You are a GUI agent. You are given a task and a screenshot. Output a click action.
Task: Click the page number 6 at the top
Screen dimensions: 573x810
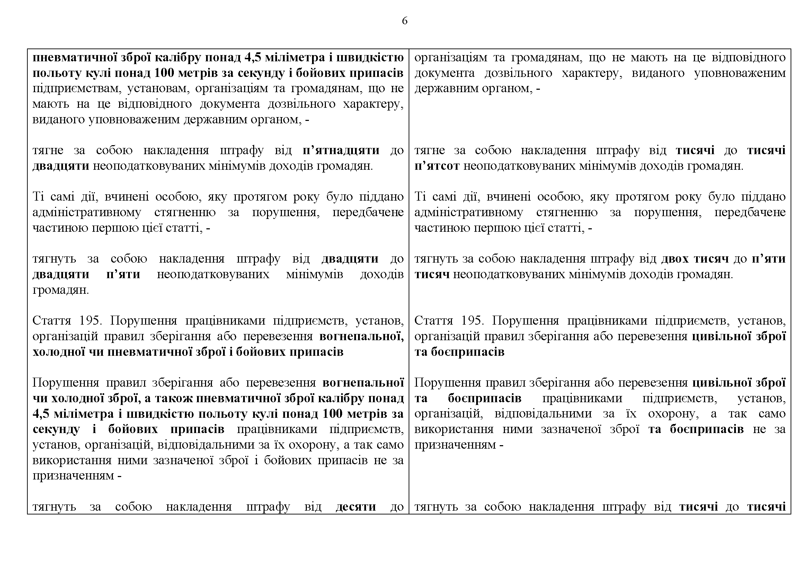(x=404, y=21)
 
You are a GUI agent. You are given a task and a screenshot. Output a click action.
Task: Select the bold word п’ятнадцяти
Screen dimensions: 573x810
(x=341, y=150)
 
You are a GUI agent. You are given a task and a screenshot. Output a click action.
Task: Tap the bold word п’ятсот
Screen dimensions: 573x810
(x=437, y=166)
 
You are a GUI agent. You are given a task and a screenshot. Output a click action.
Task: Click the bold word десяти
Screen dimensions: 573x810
(x=356, y=507)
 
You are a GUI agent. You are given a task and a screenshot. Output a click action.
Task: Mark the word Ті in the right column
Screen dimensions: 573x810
(x=420, y=196)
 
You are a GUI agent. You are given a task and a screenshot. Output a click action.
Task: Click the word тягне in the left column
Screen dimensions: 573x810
(x=48, y=150)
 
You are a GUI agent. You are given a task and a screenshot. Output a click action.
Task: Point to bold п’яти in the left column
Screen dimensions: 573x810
(x=123, y=274)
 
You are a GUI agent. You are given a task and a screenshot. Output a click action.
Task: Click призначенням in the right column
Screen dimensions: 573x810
(x=455, y=444)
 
